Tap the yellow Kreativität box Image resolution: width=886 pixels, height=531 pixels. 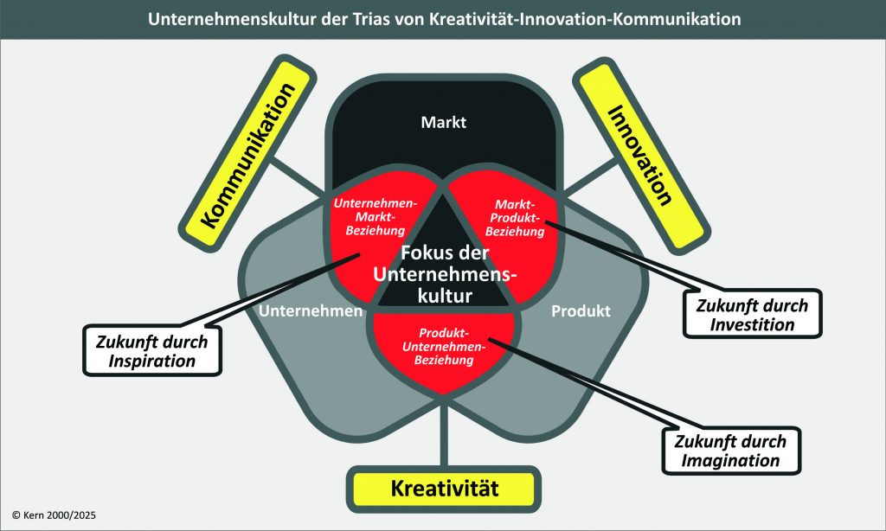(445, 488)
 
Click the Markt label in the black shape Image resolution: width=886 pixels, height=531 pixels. (443, 122)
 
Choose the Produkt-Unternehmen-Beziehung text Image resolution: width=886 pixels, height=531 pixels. (444, 347)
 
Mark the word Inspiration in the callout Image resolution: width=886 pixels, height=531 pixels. (152, 360)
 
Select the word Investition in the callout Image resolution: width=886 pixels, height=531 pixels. (752, 325)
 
